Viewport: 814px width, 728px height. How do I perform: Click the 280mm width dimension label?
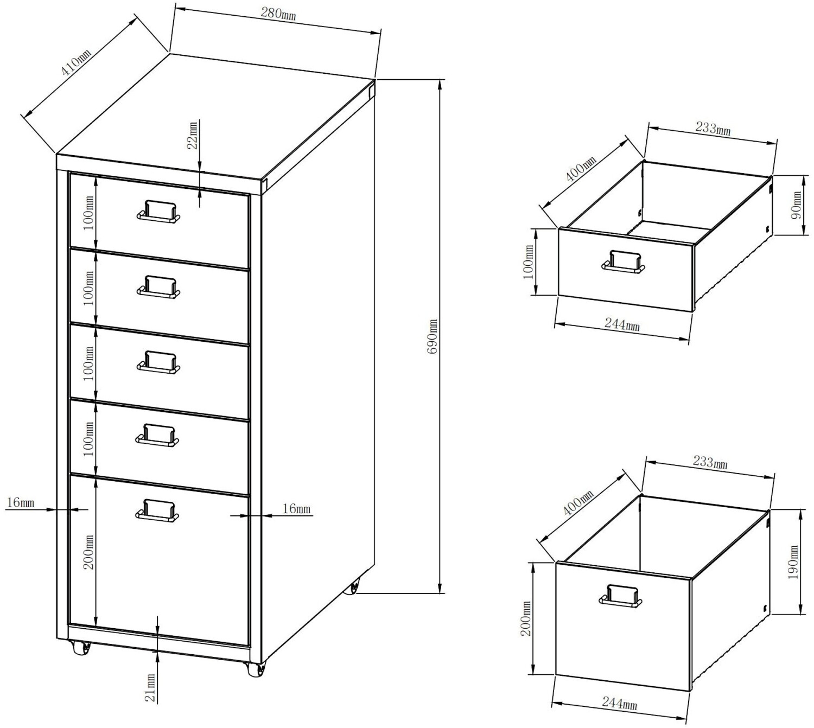[x=278, y=14]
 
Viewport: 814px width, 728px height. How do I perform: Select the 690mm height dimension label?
[x=433, y=337]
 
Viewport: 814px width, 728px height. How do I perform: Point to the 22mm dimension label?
[x=193, y=135]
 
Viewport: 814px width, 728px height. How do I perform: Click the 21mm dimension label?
[x=151, y=688]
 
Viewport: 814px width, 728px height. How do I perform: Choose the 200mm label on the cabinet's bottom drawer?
[x=88, y=552]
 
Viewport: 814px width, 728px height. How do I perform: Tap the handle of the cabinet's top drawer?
[x=158, y=212]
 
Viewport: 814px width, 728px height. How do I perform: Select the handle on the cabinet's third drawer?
[x=158, y=362]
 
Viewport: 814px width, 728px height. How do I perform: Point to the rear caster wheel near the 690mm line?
[x=353, y=588]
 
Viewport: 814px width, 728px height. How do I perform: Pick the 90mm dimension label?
[x=796, y=204]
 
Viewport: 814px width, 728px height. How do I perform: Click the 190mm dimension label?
[x=793, y=562]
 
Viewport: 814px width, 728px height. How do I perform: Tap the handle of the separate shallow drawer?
[x=623, y=262]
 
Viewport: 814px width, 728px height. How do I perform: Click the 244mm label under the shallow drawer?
[x=622, y=324]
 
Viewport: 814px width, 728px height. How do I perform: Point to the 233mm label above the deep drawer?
[x=710, y=462]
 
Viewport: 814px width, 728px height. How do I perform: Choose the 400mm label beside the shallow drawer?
[x=580, y=169]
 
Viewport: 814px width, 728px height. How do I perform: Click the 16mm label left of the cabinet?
[x=21, y=502]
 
